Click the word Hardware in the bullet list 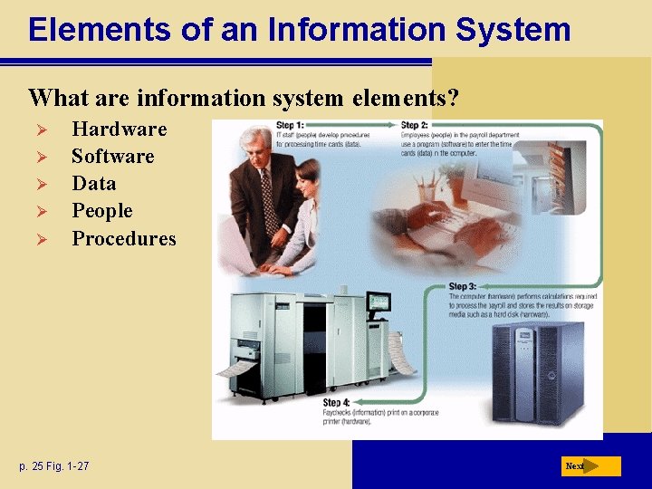[119, 129]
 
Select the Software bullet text [112, 156]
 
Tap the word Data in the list [93, 183]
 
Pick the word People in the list [101, 211]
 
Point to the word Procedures [123, 238]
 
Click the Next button [590, 466]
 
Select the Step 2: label [414, 125]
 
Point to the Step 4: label [337, 402]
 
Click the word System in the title [513, 29]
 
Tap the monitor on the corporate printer [378, 303]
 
